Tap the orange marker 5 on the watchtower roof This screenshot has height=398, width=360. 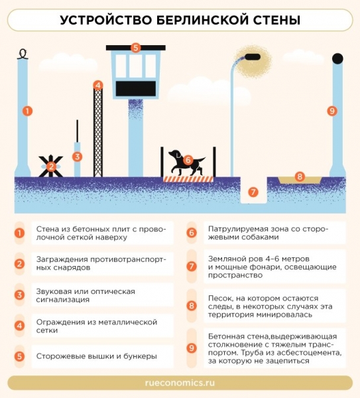click(135, 48)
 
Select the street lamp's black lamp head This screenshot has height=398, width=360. click(253, 57)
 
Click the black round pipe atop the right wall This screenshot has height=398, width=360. click(337, 58)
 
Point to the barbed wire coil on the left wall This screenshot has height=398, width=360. click(23, 54)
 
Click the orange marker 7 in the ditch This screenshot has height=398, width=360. click(253, 192)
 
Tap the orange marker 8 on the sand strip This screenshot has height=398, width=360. click(300, 176)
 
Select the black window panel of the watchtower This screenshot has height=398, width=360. click(136, 89)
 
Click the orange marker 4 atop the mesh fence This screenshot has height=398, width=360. click(98, 86)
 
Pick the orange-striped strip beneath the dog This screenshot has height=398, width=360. click(188, 179)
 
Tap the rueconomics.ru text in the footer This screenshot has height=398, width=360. click(180, 383)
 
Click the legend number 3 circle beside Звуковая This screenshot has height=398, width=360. click(19, 295)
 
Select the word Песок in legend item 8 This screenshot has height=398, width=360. click(219, 298)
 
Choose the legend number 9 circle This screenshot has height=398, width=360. click(192, 348)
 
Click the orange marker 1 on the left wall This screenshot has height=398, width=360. click(27, 111)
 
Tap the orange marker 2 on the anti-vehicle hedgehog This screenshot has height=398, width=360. click(51, 166)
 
